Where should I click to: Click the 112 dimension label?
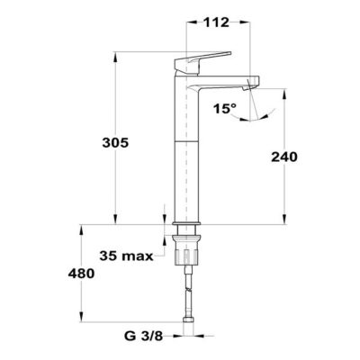(x=217, y=22)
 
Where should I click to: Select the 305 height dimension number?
(x=115, y=143)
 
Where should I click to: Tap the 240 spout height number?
(x=284, y=157)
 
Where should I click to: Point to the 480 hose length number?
(x=81, y=274)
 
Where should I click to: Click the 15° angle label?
(x=225, y=108)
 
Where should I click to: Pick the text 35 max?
(x=126, y=256)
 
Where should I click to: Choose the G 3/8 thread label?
(x=143, y=337)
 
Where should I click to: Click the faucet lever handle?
(x=202, y=62)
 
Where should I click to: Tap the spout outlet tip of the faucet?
(x=253, y=84)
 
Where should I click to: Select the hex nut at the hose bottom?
(x=188, y=320)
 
